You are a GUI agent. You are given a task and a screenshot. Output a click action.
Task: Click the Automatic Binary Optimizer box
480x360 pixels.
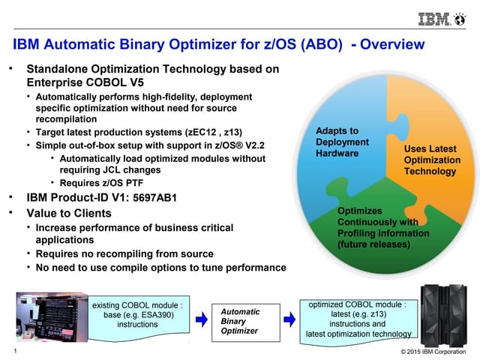[x=240, y=321]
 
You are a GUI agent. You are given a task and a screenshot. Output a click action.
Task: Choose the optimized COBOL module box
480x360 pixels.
[x=358, y=319]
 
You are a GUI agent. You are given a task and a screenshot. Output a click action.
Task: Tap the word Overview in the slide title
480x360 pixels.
[x=393, y=44]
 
